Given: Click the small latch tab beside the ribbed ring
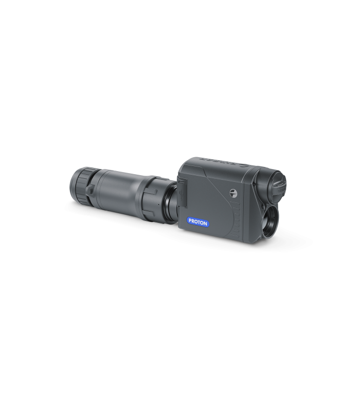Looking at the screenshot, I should (91, 190).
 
